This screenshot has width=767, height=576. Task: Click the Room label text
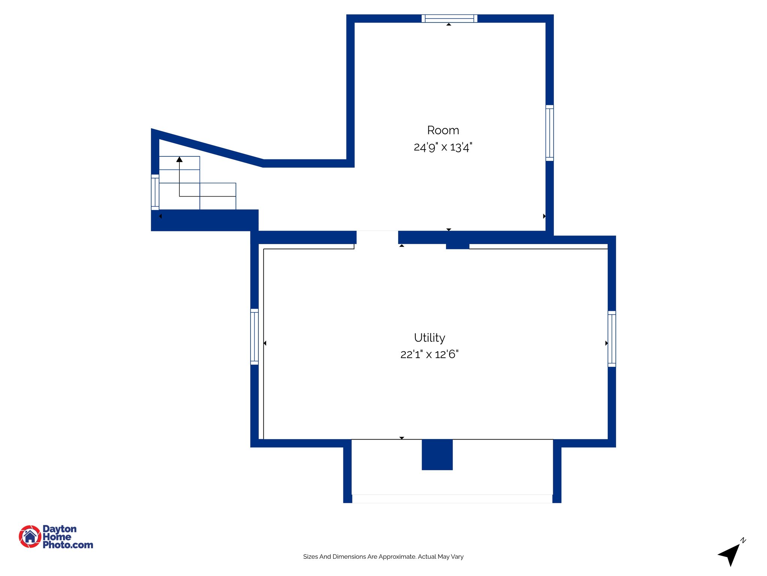pos(443,130)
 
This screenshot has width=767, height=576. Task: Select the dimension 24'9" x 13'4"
pos(443,147)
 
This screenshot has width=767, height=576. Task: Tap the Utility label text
pos(429,338)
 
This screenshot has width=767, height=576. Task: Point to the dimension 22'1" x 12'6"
pos(429,354)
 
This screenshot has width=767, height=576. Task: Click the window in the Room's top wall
pos(449,18)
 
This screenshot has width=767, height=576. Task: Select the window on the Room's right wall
pos(549,133)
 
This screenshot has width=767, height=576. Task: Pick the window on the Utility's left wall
pos(254,336)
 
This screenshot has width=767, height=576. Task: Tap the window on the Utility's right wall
pos(612,339)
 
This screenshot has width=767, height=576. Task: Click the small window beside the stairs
pos(155,192)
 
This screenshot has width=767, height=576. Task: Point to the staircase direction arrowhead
pos(179,159)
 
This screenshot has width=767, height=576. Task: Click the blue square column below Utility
pos(437,454)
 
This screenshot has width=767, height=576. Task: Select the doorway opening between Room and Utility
pos(377,238)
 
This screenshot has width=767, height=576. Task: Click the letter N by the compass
pos(743,540)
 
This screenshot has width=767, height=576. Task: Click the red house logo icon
pos(30,536)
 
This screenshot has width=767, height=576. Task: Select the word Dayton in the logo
pos(60,529)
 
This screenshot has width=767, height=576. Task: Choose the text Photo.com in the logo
pos(68,545)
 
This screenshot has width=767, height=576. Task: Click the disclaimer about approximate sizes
pos(383,556)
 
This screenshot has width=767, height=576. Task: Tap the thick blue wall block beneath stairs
pos(204,220)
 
